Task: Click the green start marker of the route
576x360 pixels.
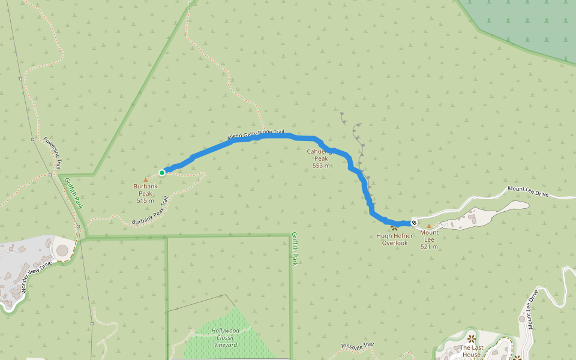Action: [x=162, y=173]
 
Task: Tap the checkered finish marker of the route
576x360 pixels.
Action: [x=414, y=223]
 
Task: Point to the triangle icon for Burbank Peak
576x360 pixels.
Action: [x=145, y=179]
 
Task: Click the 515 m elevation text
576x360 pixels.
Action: [x=145, y=201]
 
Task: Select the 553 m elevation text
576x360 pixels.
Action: [x=321, y=166]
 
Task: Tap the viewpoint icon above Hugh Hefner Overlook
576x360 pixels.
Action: [x=394, y=228]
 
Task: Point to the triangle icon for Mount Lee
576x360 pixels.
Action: [x=429, y=226]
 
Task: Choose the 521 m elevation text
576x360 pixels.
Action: [x=428, y=247]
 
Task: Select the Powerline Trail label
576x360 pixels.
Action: [x=52, y=153]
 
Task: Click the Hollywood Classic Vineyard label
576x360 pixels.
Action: [x=225, y=338]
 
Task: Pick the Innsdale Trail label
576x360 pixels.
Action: [x=358, y=346]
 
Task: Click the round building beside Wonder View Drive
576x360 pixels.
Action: [x=62, y=250]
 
